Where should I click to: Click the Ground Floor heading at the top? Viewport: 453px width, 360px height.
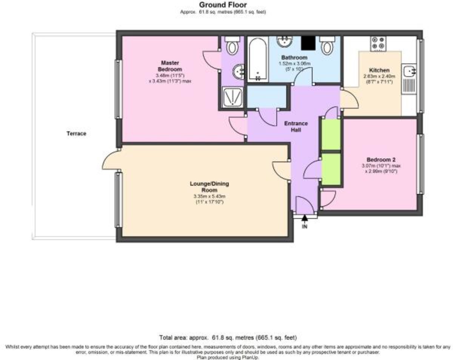click(x=223, y=5)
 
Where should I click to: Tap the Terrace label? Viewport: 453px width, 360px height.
click(x=77, y=134)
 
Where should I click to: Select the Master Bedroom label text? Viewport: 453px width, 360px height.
click(x=170, y=66)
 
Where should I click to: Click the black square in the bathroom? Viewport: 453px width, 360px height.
click(x=308, y=43)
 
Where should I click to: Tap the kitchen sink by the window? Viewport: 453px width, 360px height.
click(x=409, y=71)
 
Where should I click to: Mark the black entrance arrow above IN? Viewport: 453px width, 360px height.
click(x=305, y=218)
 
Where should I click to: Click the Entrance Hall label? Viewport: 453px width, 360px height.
click(x=296, y=127)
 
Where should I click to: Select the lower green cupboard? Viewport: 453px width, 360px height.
click(x=331, y=169)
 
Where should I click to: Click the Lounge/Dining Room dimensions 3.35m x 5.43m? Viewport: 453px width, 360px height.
click(x=209, y=196)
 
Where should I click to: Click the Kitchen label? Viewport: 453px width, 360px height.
click(x=379, y=70)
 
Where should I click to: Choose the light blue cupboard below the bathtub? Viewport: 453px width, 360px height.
click(x=266, y=97)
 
